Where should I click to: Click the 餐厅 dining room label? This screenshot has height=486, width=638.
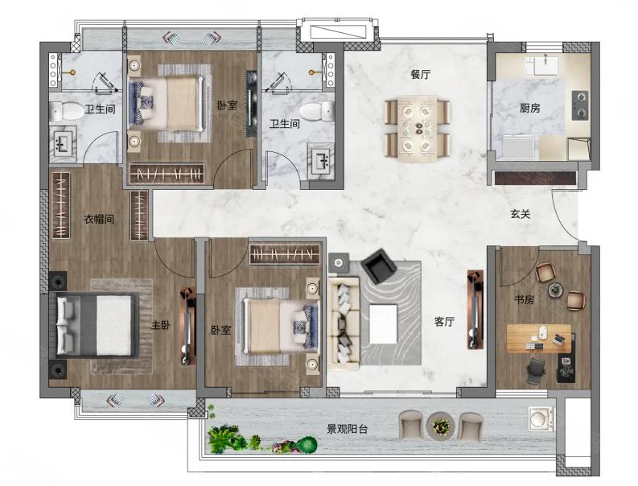click(x=420, y=75)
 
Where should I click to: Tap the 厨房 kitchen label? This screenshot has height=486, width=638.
click(x=529, y=108)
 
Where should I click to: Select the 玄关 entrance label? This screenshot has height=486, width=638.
click(x=521, y=214)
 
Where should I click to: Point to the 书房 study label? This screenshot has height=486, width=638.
click(x=524, y=300)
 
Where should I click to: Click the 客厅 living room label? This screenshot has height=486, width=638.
click(x=444, y=322)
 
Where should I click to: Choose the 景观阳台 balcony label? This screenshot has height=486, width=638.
click(x=347, y=429)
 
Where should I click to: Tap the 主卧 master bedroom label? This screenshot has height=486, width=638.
click(x=161, y=325)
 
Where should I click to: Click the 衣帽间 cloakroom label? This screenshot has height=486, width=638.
click(x=99, y=219)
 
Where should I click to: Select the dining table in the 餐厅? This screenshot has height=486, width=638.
click(x=418, y=129)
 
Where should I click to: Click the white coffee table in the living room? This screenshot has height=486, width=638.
click(x=383, y=324)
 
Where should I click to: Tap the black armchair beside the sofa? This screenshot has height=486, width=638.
click(x=378, y=266)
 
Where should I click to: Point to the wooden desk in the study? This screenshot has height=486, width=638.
click(x=539, y=338)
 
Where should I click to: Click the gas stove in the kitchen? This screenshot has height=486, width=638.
click(x=580, y=106)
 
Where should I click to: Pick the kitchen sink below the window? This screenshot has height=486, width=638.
click(x=546, y=65)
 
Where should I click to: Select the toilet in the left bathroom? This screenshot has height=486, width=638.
click(x=66, y=111)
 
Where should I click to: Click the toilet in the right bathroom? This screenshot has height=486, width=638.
click(x=317, y=112)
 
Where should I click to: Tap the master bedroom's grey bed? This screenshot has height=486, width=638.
click(x=97, y=326)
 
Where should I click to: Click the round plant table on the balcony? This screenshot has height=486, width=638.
click(x=441, y=426)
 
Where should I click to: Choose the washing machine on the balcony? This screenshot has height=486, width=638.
click(x=541, y=419)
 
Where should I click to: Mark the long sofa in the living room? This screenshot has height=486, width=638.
click(x=344, y=323)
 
